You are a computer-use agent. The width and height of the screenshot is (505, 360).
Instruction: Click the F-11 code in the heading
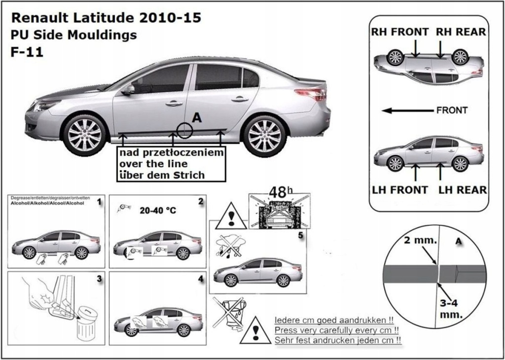point(27,52)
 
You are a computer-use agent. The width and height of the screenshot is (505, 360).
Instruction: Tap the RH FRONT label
point(400,32)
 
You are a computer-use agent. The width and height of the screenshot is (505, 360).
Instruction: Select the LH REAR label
point(462,189)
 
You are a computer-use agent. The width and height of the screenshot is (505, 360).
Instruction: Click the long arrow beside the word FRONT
point(407,110)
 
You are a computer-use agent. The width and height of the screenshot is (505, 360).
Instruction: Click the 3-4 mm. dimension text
point(450,309)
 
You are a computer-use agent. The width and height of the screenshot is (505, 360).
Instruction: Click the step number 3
point(99,279)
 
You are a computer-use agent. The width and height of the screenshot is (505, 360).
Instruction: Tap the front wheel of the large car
point(84,134)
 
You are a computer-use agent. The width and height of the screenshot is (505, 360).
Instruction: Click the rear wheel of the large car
point(265,135)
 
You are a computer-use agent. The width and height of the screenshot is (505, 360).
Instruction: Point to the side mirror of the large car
point(128,90)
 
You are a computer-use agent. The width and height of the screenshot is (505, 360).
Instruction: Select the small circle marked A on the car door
point(185,130)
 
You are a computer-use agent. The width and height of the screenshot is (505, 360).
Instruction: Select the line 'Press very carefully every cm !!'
point(336,330)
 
